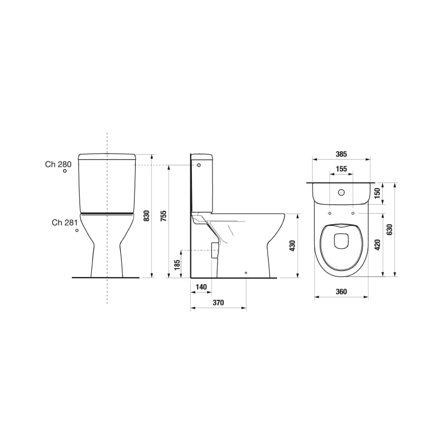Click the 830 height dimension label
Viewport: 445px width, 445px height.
pos(147,216)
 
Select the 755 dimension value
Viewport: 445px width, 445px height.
pos(164,216)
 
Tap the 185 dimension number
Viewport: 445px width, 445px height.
pos(177,265)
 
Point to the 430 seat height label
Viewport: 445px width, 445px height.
pos(293,246)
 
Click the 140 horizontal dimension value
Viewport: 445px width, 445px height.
pos(201,287)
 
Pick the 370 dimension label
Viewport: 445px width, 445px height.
pos(218,303)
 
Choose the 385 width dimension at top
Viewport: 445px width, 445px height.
pos(341,154)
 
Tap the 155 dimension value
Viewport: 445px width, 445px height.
pos(341,169)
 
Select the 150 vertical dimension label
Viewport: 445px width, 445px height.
pos(377,193)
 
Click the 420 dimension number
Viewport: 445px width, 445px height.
pos(377,245)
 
